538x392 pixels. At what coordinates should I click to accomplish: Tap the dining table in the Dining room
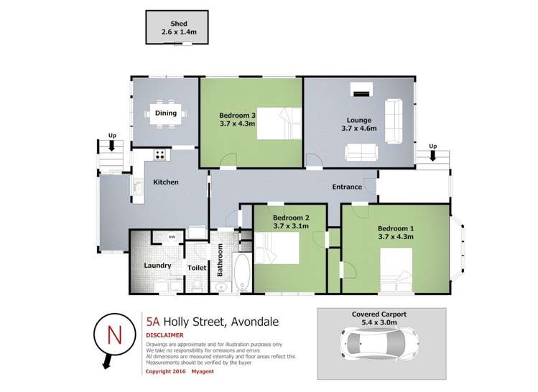166,113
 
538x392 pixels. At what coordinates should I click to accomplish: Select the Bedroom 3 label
237,115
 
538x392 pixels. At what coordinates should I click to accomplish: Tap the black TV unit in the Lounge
361,91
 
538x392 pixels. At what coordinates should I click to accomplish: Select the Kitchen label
166,182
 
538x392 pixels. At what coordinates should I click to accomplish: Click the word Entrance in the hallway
346,187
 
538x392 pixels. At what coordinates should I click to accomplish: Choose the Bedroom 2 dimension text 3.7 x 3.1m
291,226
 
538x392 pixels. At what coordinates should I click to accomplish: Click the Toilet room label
197,268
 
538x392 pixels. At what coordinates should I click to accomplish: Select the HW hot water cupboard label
172,238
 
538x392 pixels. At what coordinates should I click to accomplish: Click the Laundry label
157,265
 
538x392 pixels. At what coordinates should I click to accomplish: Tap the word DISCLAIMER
164,335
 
